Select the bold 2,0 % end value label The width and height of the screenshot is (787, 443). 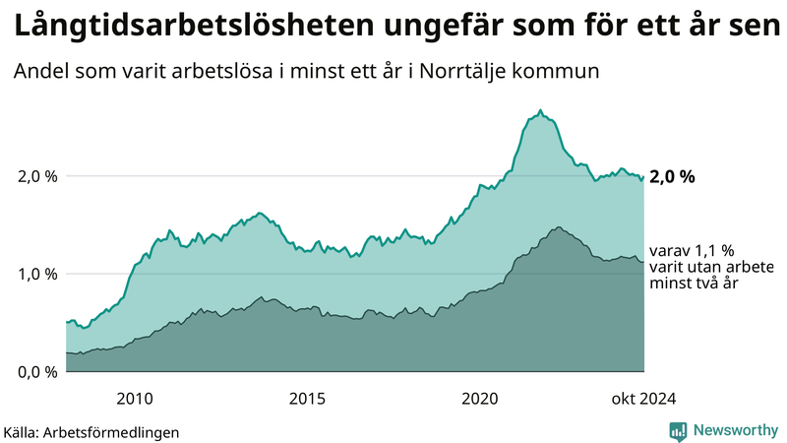click(673, 177)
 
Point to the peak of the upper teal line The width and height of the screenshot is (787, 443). click(540, 110)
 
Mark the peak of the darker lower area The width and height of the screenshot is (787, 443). click(559, 227)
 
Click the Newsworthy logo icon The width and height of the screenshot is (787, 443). click(678, 430)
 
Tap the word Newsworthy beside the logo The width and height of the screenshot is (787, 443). click(735, 430)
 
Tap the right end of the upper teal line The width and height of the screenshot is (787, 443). click(643, 177)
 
